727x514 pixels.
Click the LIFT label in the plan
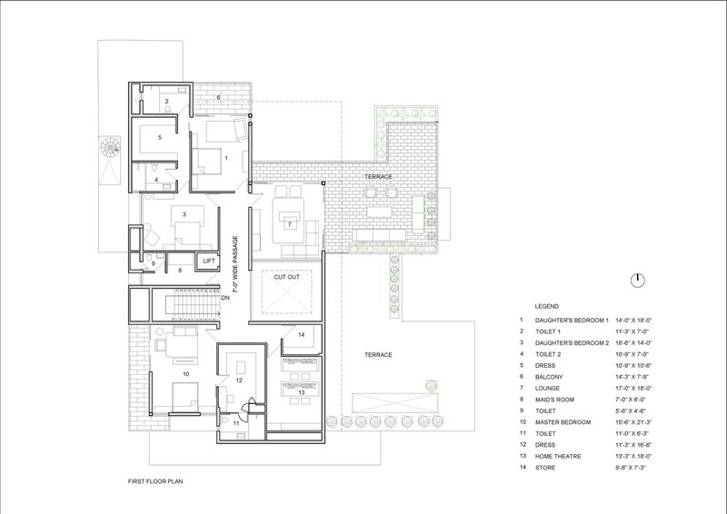[x=209, y=261]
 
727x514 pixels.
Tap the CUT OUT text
[x=286, y=277]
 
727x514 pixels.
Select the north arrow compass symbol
[x=638, y=280]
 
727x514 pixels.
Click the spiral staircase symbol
[x=110, y=148]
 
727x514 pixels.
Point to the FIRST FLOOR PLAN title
[x=155, y=481]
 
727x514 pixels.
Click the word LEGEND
[x=547, y=306]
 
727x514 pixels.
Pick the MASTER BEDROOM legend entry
[x=563, y=422]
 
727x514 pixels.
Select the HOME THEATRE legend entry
[x=558, y=456]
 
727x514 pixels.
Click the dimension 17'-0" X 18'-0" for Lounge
[x=633, y=389]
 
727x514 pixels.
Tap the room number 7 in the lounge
[x=290, y=225]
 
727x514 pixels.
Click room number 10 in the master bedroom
[x=186, y=373]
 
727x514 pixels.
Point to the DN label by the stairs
[x=225, y=298]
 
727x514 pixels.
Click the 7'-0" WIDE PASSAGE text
[x=235, y=264]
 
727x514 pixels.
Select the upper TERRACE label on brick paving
[x=378, y=176]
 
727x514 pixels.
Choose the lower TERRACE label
[x=378, y=354]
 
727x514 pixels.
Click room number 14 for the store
[x=302, y=334]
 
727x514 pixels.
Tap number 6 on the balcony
[x=218, y=97]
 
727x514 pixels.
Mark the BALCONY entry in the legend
[x=549, y=377]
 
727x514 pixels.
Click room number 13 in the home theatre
[x=302, y=392]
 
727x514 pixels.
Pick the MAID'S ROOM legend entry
[x=554, y=400]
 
